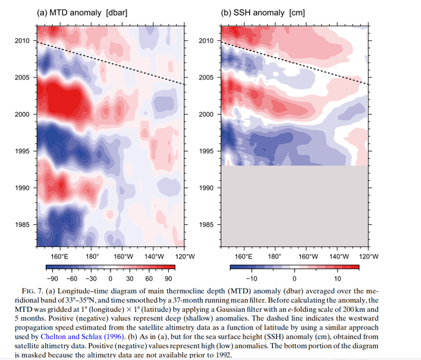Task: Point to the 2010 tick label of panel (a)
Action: (23, 41)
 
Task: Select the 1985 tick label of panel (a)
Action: (23, 225)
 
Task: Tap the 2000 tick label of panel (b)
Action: (208, 115)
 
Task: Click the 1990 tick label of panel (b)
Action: (208, 188)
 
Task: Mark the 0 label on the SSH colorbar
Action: (294, 278)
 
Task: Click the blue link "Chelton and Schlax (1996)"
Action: (80, 336)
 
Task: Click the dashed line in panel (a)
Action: (110, 63)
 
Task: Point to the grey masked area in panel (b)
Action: (294, 208)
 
